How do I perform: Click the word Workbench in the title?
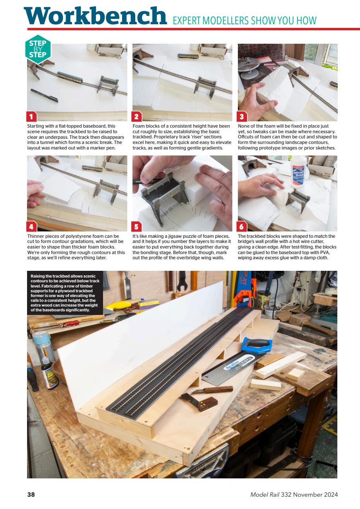tap(95, 16)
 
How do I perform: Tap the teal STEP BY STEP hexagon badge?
tap(37, 49)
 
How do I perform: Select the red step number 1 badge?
tap(31, 117)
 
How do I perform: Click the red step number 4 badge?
tap(31, 227)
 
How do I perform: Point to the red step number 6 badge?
tap(242, 227)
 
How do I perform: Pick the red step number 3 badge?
tap(242, 117)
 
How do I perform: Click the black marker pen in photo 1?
tap(44, 95)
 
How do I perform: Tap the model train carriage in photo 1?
tap(70, 77)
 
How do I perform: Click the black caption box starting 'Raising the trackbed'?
tap(65, 292)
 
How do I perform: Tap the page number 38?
tap(31, 495)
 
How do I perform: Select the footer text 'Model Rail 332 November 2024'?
tap(294, 495)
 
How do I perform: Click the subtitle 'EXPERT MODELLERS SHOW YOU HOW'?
tap(245, 20)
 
